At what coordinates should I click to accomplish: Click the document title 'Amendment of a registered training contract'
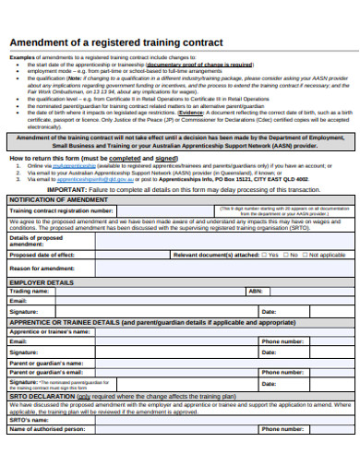(x=115, y=43)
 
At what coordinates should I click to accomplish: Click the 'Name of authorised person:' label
(x=47, y=429)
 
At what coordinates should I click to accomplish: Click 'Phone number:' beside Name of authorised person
(x=282, y=429)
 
